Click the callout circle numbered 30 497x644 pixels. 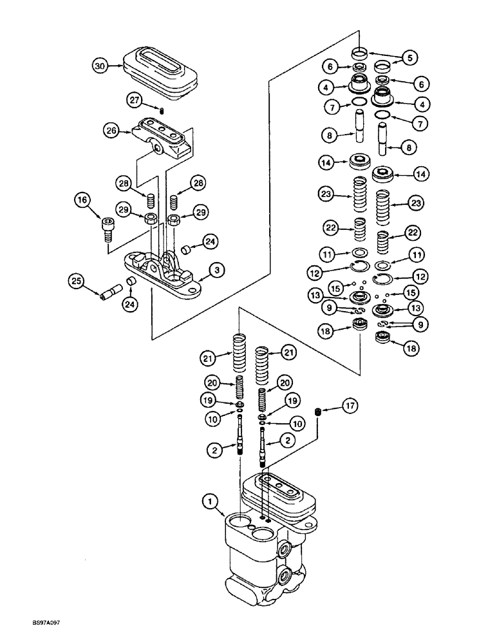(98, 66)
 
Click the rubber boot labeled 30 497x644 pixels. (155, 64)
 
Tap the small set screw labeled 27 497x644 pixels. (162, 111)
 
